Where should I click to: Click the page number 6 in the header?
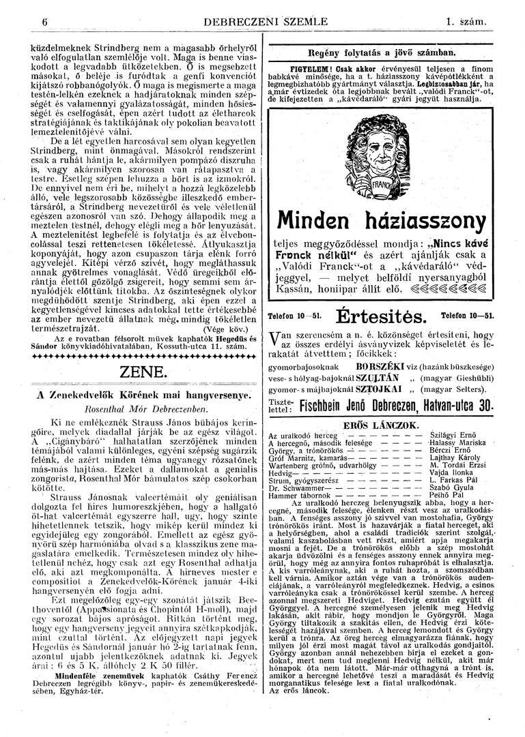[x=44, y=22]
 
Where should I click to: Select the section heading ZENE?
[x=143, y=372]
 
